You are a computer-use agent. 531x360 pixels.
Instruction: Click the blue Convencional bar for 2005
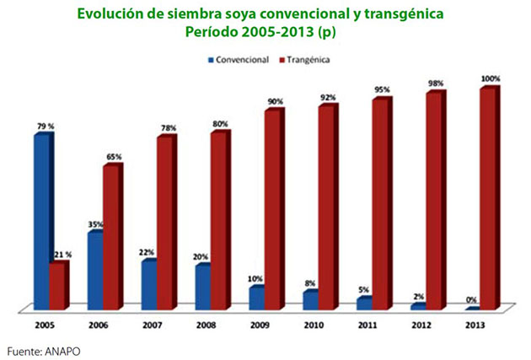coord(42,221)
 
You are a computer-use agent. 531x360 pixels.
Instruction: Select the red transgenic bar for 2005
coord(57,287)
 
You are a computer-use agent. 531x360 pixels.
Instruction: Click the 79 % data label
coord(45,126)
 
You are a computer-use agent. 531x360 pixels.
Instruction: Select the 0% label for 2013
coord(472,300)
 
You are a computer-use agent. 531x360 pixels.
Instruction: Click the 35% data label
coord(96,224)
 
